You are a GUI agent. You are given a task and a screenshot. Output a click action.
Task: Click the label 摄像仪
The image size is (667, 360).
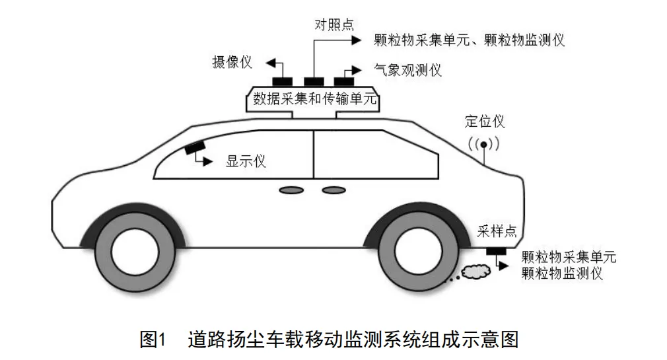pos(231,63)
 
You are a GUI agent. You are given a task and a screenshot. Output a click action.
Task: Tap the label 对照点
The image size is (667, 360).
pos(333,25)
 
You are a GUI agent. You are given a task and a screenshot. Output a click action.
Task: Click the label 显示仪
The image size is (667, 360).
pos(246,161)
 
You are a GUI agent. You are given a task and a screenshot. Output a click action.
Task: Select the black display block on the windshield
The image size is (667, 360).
pos(195,149)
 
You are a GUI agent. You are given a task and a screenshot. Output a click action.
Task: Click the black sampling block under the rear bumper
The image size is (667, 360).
pos(495,251)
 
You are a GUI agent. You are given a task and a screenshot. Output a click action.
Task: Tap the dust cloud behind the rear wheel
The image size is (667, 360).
pos(472,271)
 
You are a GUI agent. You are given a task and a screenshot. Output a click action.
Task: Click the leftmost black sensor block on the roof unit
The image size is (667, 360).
pos(283,81)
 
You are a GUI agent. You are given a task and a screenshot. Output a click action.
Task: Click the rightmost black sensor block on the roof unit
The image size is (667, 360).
pos(343,81)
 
